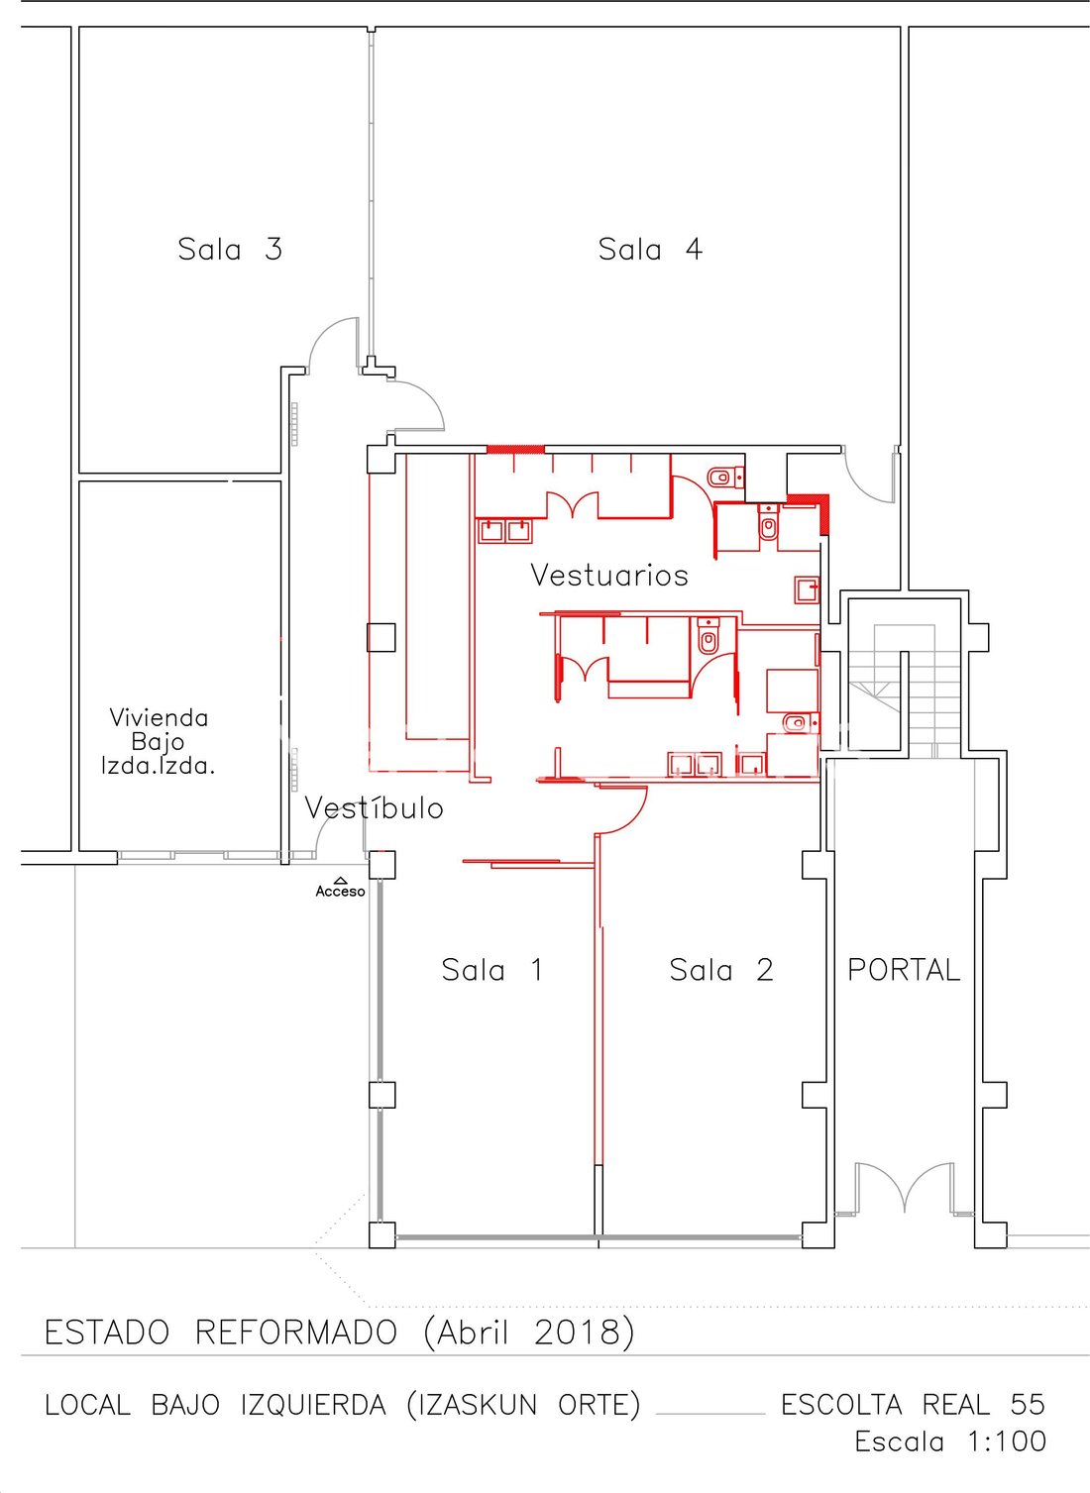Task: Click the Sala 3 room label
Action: [230, 250]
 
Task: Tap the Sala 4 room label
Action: [650, 250]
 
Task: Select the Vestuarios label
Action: [609, 575]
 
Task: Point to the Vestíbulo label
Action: [374, 807]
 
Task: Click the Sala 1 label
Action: [492, 970]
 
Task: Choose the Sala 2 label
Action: [721, 970]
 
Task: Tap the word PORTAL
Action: [904, 970]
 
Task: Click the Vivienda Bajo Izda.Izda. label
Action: [159, 741]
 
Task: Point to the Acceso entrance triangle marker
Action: [340, 880]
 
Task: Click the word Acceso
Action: [340, 892]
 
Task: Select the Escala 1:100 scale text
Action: [950, 1441]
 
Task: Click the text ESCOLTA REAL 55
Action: [913, 1405]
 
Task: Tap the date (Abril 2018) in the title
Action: [529, 1333]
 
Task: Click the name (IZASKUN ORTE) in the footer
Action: [523, 1405]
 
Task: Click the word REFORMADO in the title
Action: [296, 1333]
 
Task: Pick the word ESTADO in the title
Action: [107, 1333]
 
